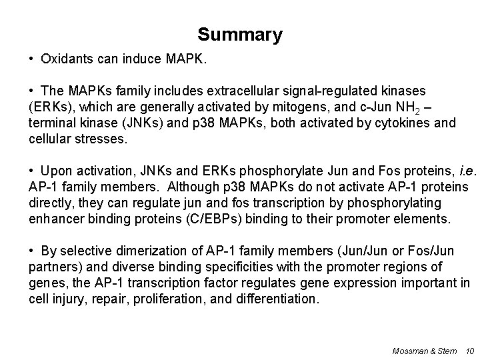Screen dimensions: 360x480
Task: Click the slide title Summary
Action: [240, 35]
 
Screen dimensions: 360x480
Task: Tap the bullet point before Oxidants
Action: [32, 59]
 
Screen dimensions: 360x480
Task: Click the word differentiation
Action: [280, 299]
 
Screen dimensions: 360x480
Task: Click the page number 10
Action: [468, 350]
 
